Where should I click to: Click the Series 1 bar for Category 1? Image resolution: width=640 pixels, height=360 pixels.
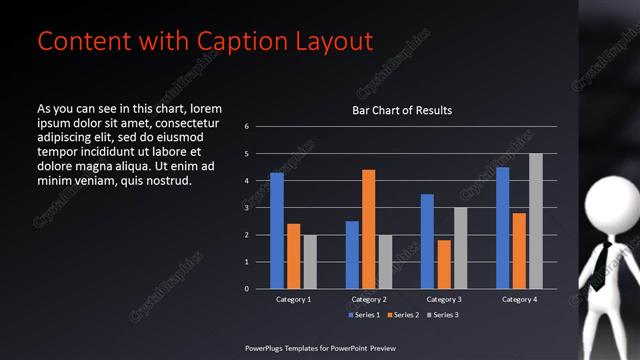(277, 231)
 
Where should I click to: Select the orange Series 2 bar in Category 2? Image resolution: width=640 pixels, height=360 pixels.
(368, 229)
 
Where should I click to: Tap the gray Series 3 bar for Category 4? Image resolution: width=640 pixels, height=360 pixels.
(536, 221)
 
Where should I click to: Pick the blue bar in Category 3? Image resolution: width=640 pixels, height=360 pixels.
(427, 241)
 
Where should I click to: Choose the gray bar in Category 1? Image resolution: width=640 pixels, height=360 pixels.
(309, 262)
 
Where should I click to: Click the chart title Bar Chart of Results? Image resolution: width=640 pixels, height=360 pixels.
(402, 110)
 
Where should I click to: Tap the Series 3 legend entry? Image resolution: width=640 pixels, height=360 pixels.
(443, 315)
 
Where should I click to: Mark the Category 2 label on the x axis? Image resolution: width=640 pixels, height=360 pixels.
(369, 299)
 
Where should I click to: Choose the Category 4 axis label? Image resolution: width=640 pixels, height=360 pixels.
(519, 299)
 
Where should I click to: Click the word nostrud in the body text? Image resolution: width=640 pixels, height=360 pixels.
(164, 181)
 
